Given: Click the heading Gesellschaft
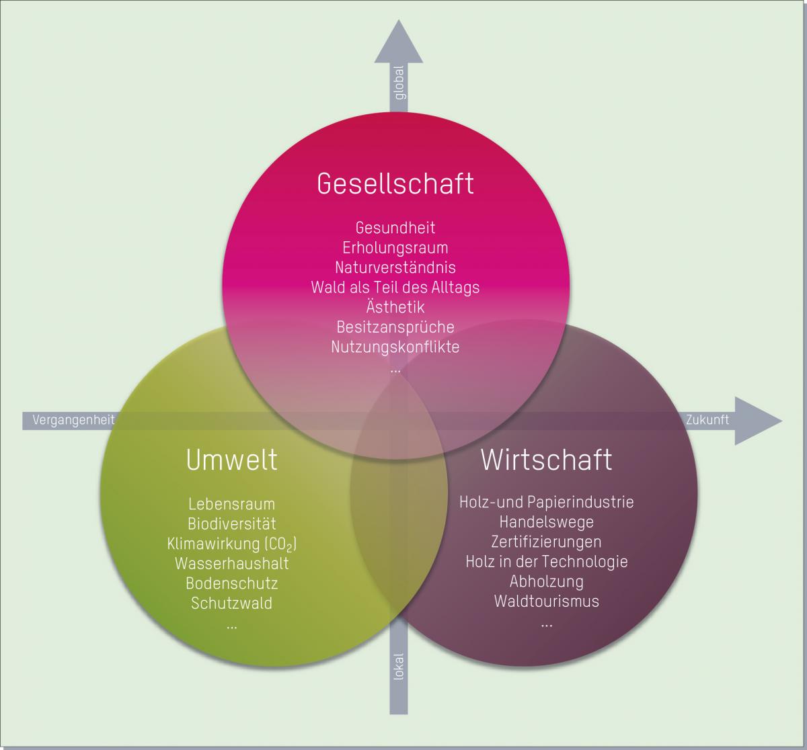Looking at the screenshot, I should coord(395,183).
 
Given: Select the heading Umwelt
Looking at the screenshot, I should coord(231,460).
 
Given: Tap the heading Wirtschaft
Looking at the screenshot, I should coord(546,460).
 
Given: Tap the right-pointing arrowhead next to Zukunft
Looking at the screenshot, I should coord(757,421).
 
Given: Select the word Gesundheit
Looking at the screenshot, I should coord(395,228).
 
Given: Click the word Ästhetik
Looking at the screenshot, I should coord(395,307).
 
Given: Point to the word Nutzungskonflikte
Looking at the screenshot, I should coord(395,347).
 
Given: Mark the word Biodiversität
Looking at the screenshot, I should coord(232,524).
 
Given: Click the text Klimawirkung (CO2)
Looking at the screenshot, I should coord(232,544).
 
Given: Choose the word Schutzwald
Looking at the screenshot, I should coord(232,603).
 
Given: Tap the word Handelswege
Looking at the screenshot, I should coord(546,522).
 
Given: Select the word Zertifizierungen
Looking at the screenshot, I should coord(546,541).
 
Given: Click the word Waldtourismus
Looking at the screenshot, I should coord(546,601).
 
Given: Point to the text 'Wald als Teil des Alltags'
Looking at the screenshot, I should coord(395,288).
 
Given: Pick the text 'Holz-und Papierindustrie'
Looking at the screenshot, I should coord(546,501).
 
